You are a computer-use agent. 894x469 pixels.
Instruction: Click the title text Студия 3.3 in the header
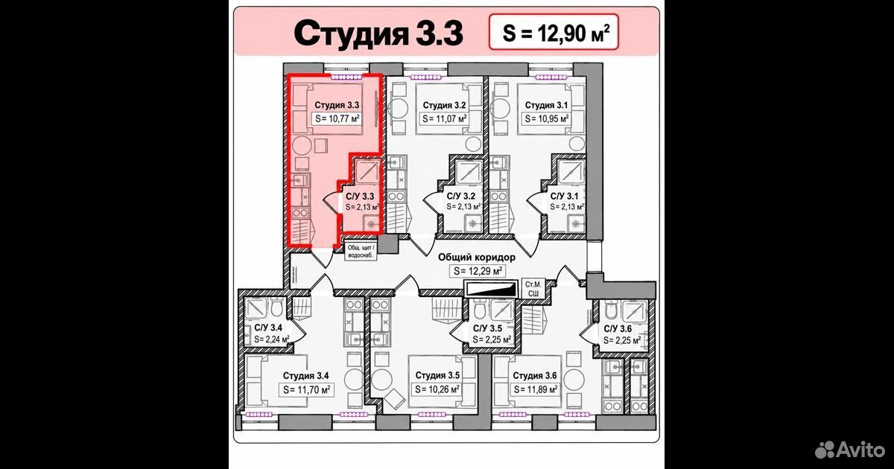pyautogui.click(x=378, y=34)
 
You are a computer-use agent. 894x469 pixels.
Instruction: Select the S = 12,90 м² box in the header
pyautogui.click(x=554, y=32)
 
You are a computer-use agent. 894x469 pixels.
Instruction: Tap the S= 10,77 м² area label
pyautogui.click(x=337, y=118)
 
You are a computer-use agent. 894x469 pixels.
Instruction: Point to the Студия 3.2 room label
pyautogui.click(x=444, y=105)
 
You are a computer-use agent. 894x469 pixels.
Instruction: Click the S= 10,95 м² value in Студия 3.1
pyautogui.click(x=546, y=118)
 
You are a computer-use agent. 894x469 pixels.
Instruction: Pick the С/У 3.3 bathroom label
pyautogui.click(x=360, y=197)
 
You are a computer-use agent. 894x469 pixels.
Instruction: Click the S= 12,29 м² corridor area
pyautogui.click(x=478, y=271)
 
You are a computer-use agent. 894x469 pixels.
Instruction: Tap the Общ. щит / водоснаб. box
pyautogui.click(x=361, y=252)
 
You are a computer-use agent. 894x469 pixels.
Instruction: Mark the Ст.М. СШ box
pyautogui.click(x=533, y=289)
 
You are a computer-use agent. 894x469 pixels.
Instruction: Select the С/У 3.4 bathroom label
pyautogui.click(x=268, y=328)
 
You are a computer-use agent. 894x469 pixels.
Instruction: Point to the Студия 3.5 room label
pyautogui.click(x=437, y=375)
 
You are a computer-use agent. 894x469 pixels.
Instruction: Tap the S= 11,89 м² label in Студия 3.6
pyautogui.click(x=535, y=389)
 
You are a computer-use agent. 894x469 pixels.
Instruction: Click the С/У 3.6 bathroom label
pyautogui.click(x=618, y=328)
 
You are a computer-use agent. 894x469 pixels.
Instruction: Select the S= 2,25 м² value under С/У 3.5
pyautogui.click(x=492, y=339)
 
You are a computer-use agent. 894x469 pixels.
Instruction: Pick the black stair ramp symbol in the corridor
pyautogui.click(x=490, y=289)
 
